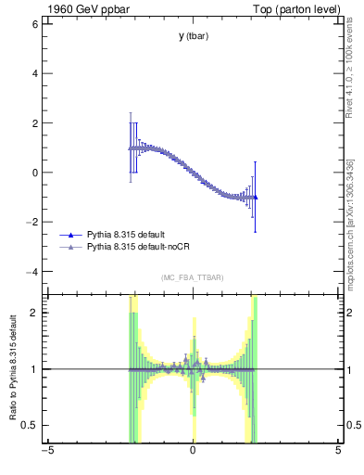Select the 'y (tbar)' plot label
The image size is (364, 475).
[193, 36]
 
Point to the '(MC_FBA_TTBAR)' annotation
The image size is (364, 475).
[193, 277]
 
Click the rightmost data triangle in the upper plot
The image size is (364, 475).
[255, 197]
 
